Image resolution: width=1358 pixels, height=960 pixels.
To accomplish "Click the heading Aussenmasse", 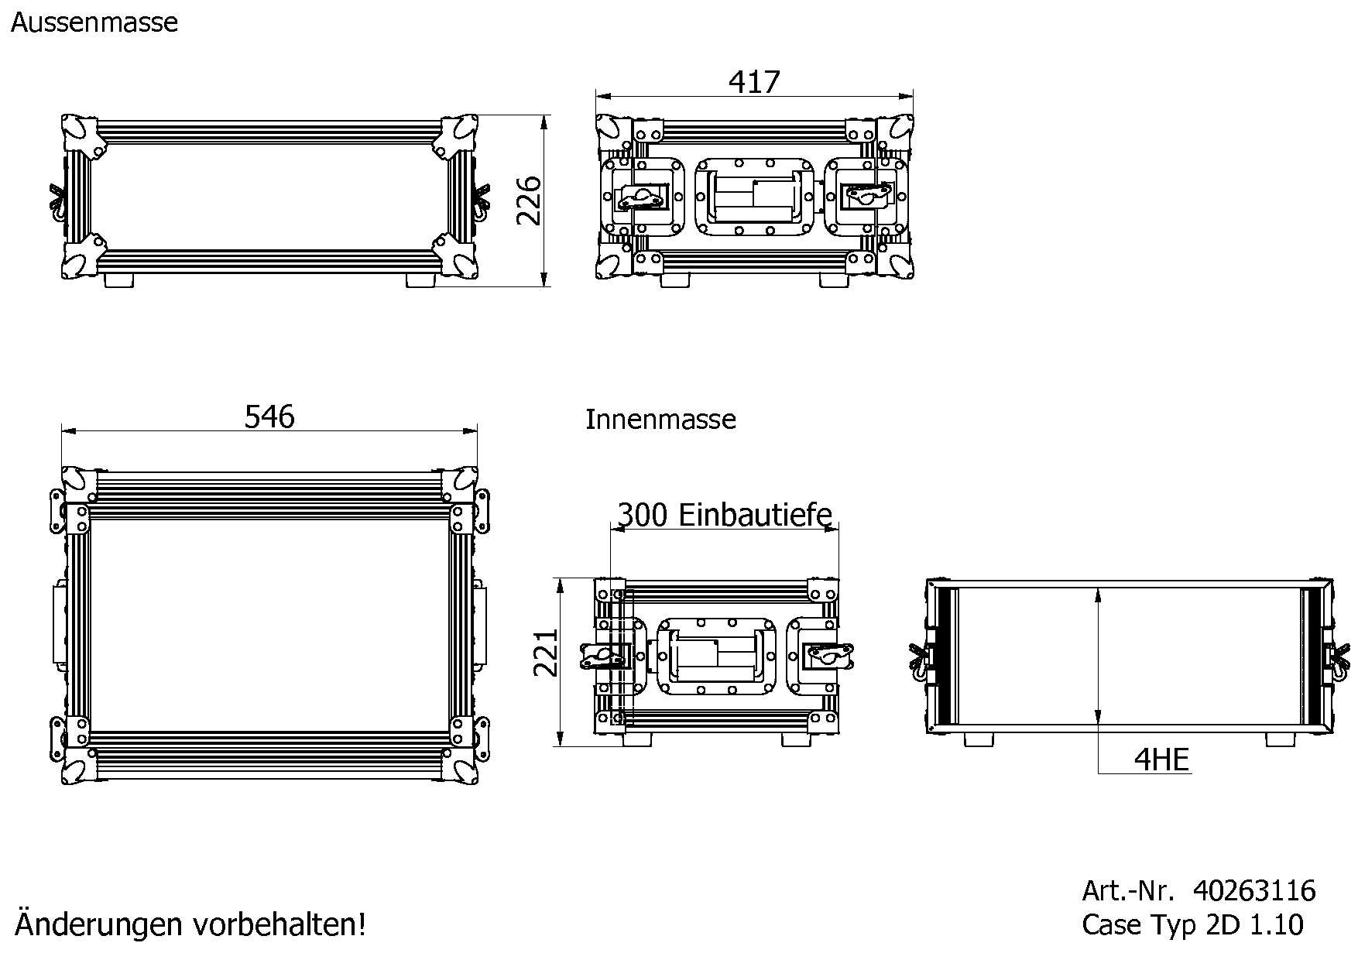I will (x=94, y=22).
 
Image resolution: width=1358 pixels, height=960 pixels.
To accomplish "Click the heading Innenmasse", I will (x=660, y=420).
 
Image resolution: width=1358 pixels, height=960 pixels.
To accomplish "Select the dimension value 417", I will (x=754, y=82).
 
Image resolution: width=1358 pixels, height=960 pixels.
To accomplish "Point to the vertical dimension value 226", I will (x=530, y=201).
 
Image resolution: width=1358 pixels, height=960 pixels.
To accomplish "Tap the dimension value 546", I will (x=269, y=417).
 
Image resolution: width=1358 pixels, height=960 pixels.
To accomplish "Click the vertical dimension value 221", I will (x=547, y=652).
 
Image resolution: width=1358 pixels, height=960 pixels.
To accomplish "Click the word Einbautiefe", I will (x=756, y=514).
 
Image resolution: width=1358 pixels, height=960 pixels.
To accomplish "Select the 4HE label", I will (x=1161, y=759).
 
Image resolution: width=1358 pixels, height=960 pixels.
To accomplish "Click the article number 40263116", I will (x=1254, y=891).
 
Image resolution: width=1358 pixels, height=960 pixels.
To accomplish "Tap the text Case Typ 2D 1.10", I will (x=1192, y=924).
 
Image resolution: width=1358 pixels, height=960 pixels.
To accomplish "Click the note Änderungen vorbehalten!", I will (x=190, y=924).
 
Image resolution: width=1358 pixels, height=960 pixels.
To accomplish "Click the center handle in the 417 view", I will (x=755, y=197).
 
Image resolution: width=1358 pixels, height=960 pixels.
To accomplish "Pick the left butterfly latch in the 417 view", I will (x=641, y=197).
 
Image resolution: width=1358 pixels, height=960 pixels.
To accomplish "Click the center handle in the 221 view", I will (x=717, y=656).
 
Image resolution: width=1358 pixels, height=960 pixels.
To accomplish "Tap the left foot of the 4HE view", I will (x=979, y=740).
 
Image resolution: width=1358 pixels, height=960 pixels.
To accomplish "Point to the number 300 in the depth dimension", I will (x=642, y=514).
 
